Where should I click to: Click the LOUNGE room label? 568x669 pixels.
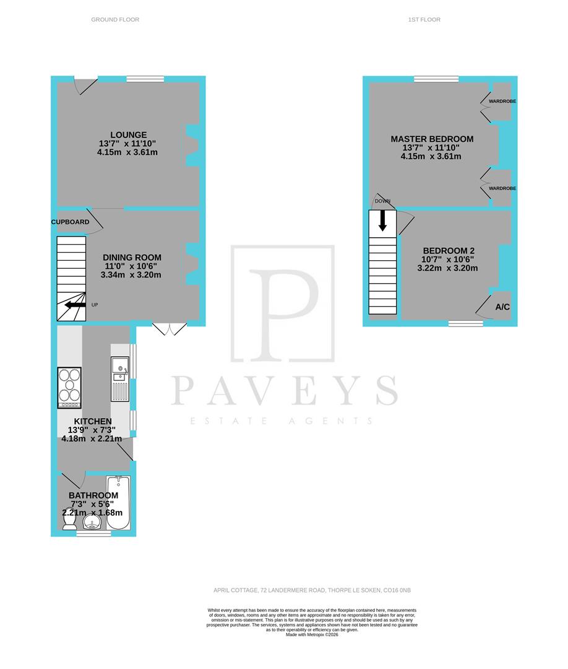[128, 135]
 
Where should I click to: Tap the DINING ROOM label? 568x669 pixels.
[132, 258]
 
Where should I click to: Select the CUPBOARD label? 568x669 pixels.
[70, 222]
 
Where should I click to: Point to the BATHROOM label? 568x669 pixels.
[93, 496]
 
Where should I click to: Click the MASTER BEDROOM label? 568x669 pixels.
[432, 139]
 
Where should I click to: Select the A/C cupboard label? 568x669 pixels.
[502, 307]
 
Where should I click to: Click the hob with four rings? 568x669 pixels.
[69, 388]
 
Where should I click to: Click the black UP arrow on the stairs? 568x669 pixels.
[75, 305]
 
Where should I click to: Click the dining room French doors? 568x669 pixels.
[169, 329]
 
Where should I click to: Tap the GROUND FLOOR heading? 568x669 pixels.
[115, 20]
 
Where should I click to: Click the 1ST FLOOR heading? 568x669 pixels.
[424, 20]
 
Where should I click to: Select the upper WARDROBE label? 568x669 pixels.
[502, 101]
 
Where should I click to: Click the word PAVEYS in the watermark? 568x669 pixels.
[283, 390]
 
